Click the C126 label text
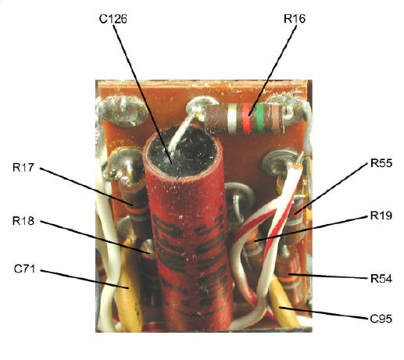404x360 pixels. pyautogui.click(x=113, y=19)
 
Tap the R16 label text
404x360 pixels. pyautogui.click(x=295, y=19)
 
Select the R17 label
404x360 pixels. pyautogui.click(x=23, y=167)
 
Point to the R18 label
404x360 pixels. pyautogui.click(x=23, y=221)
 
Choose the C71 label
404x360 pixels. pyautogui.click(x=24, y=269)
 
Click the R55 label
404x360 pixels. pyautogui.click(x=381, y=163)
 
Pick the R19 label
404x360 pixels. pyautogui.click(x=381, y=216)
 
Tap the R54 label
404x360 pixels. pyautogui.click(x=381, y=279)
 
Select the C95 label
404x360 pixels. pyautogui.click(x=381, y=319)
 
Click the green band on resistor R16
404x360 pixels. pyautogui.click(x=259, y=117)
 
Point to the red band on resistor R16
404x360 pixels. pyautogui.click(x=246, y=117)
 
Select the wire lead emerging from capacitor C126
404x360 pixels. pyautogui.click(x=181, y=133)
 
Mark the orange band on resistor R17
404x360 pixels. pyautogui.click(x=137, y=210)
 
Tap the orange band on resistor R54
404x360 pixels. pyautogui.click(x=290, y=280)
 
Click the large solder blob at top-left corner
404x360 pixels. pyautogui.click(x=122, y=110)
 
